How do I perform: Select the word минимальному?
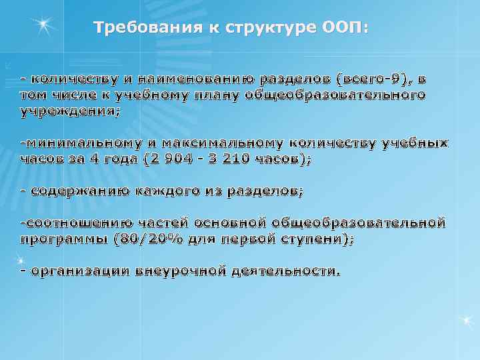[x=83, y=143]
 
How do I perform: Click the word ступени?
[x=313, y=239]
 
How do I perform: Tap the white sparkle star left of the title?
[x=44, y=25]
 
